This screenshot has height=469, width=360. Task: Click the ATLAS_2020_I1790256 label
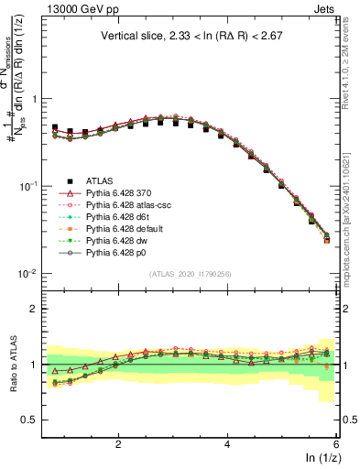[x=189, y=274]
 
